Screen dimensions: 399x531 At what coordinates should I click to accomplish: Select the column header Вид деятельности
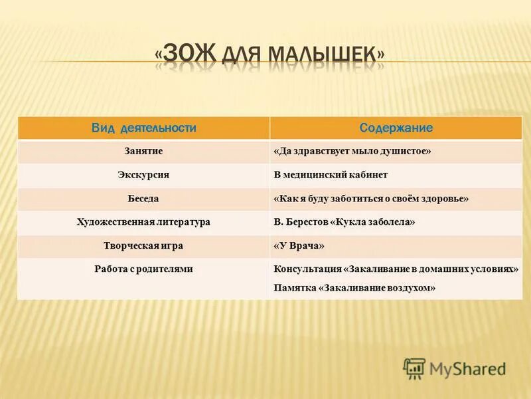point(143,128)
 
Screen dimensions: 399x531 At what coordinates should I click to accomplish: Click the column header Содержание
point(396,128)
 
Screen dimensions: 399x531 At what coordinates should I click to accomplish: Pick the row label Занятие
point(143,152)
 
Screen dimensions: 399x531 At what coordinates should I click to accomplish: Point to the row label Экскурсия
point(143,175)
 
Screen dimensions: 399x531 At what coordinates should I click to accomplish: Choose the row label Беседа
point(143,198)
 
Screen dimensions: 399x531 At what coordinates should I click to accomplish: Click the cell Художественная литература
point(143,222)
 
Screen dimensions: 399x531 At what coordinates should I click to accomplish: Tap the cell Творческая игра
point(143,245)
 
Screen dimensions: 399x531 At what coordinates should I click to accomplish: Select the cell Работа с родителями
point(143,269)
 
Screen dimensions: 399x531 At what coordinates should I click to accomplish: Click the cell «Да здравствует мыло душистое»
point(352,152)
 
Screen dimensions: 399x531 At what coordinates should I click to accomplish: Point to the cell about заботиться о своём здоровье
point(371,198)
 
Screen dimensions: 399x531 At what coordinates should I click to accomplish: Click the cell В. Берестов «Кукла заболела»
point(344,222)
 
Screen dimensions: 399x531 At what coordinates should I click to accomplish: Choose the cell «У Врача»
point(299,245)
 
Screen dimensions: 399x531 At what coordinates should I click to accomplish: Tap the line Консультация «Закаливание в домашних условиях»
point(396,269)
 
